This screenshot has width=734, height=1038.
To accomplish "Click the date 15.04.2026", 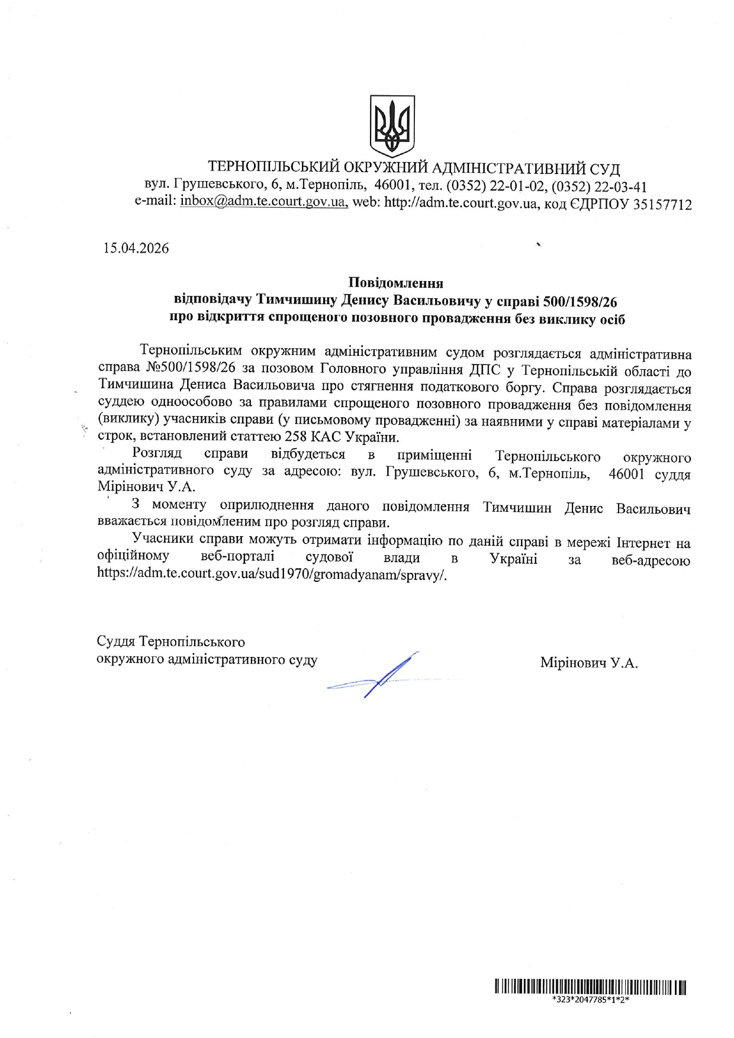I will [x=136, y=249].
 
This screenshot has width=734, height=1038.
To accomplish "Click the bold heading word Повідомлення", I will [x=395, y=282].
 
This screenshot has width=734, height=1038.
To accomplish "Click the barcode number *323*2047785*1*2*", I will [x=590, y=1000].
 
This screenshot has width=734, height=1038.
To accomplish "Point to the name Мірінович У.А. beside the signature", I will [x=588, y=663].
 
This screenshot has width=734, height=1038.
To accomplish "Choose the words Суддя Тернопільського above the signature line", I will [x=170, y=642].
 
